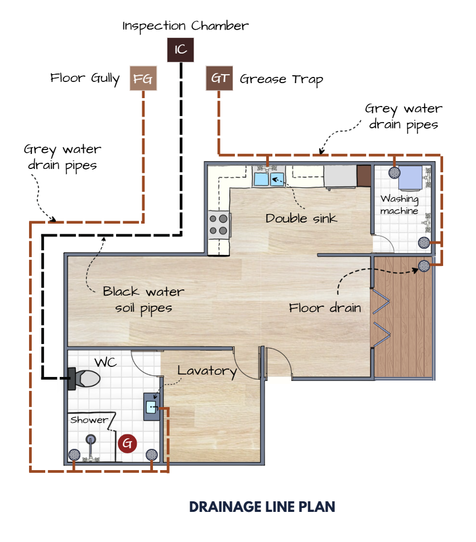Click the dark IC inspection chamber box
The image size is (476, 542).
(x=180, y=50)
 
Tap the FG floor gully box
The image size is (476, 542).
(x=143, y=78)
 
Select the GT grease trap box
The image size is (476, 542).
(x=219, y=78)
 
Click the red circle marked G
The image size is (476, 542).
(x=127, y=443)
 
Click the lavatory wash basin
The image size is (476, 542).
(x=152, y=407)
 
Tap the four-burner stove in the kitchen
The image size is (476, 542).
(x=218, y=225)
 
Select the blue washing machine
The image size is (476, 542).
(x=410, y=178)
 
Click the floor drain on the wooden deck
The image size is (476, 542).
(x=424, y=266)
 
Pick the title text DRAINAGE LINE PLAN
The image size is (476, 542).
(x=262, y=507)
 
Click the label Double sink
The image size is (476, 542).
(x=301, y=219)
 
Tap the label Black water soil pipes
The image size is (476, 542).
(x=143, y=299)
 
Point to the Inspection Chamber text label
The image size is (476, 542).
(x=185, y=26)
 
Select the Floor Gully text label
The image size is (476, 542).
(x=85, y=79)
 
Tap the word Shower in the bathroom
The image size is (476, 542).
(x=89, y=420)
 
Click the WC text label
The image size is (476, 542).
(x=105, y=362)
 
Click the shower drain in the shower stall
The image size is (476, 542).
(x=90, y=439)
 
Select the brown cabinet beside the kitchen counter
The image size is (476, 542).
(x=364, y=176)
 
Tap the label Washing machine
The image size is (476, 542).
(x=400, y=205)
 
